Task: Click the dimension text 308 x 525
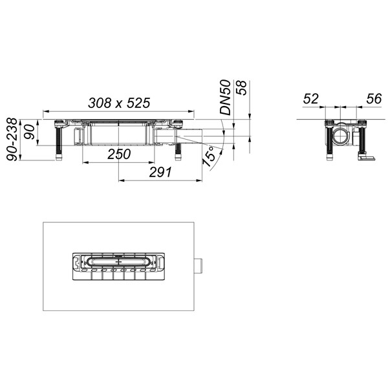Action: (119, 103)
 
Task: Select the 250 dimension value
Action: (119, 154)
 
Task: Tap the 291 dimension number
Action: (160, 172)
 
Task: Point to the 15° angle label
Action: (210, 156)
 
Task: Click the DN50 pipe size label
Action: (226, 97)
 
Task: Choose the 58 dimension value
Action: (242, 87)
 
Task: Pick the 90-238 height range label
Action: (12, 140)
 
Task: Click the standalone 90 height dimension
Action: (30, 132)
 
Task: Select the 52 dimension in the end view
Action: (311, 99)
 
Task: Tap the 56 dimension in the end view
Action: (374, 99)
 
